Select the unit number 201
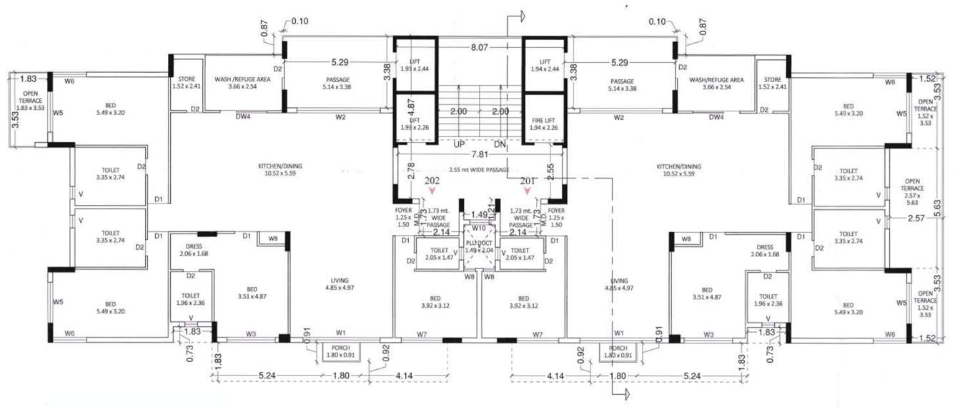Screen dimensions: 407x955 (x=528, y=181)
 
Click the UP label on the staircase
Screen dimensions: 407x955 (x=460, y=144)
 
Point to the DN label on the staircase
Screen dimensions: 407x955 (x=500, y=144)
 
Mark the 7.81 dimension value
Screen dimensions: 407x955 (x=479, y=154)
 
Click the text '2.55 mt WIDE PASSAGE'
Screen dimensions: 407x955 (x=478, y=170)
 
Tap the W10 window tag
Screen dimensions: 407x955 (x=478, y=228)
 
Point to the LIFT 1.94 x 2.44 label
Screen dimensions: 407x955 (x=545, y=66)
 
